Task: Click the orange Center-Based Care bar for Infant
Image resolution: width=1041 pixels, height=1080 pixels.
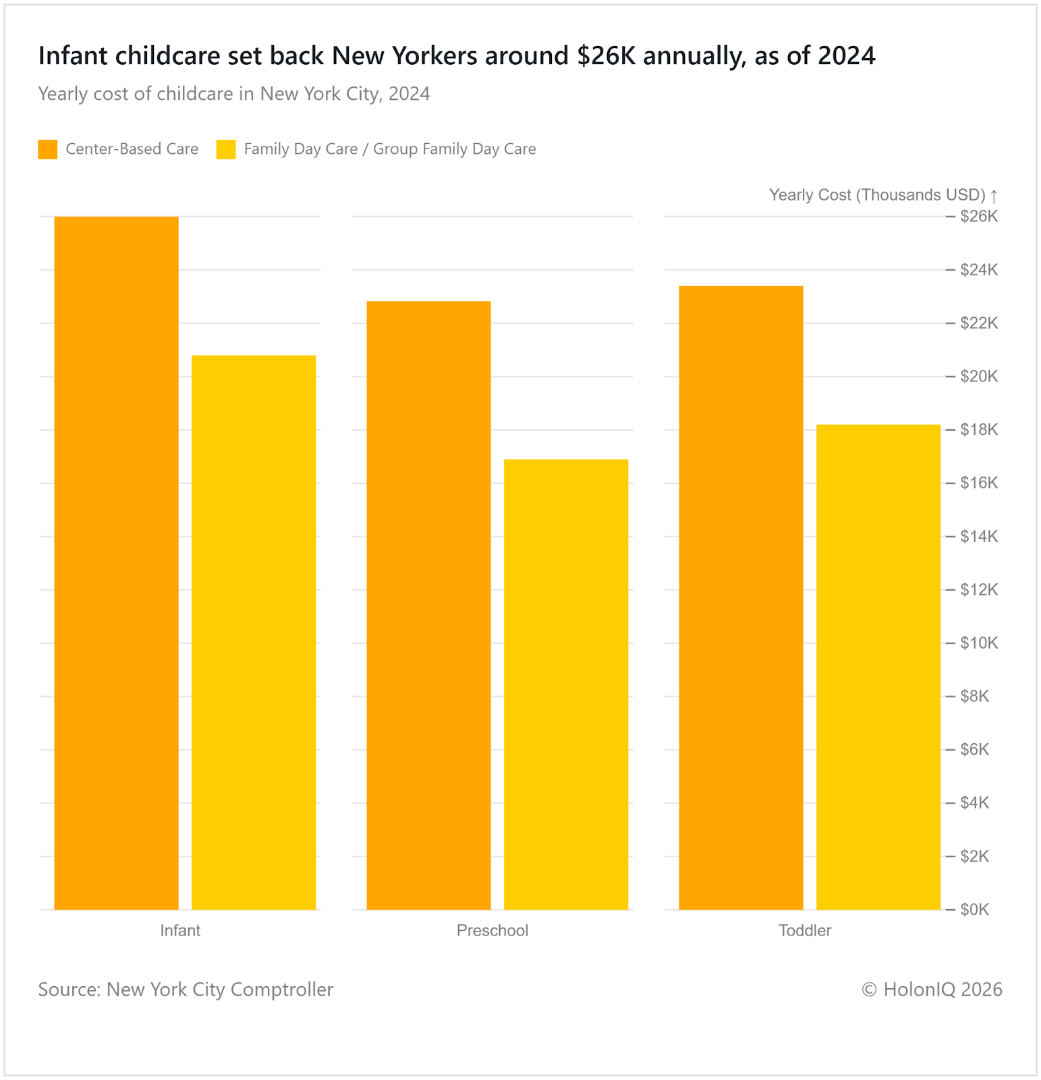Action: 116,563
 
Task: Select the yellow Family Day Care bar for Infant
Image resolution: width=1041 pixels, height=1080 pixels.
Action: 254,632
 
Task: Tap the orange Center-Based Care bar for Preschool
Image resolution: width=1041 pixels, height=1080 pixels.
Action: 428,605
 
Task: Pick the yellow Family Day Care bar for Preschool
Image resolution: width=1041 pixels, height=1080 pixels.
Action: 566,684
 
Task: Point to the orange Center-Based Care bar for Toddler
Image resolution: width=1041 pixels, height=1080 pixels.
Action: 741,597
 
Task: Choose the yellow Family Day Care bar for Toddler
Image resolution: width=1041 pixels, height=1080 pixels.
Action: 878,667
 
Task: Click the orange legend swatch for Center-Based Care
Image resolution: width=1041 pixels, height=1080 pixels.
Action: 48,149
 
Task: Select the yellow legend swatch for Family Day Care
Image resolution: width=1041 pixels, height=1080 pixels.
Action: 226,149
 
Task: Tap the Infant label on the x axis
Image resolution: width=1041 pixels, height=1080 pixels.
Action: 180,930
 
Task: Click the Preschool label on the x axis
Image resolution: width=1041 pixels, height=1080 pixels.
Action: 493,930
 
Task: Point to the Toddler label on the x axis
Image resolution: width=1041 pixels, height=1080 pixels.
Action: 805,930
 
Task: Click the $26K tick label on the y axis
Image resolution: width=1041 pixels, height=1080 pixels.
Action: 979,217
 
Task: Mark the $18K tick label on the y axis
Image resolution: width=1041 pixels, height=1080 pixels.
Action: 979,430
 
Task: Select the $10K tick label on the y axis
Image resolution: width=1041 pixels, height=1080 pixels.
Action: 979,643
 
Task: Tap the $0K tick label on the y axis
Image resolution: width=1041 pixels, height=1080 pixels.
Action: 975,910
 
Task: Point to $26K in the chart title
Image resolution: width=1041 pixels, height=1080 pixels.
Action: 606,56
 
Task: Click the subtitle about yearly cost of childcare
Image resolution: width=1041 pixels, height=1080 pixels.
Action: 234,94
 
